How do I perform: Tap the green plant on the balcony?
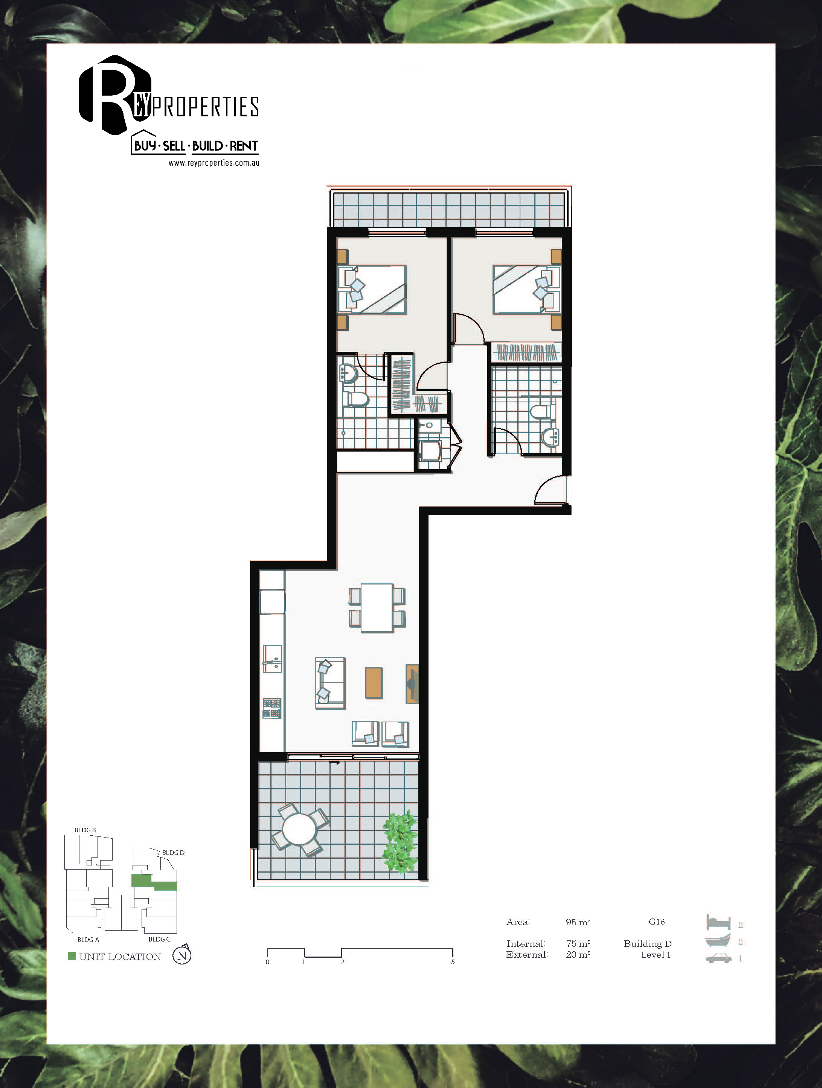pyautogui.click(x=400, y=842)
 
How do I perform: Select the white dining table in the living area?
pyautogui.click(x=377, y=607)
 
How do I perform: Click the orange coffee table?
pyautogui.click(x=374, y=683)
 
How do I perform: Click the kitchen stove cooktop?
pyautogui.click(x=271, y=708)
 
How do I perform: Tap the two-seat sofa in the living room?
pyautogui.click(x=330, y=683)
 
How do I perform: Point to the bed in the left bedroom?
pyautogui.click(x=372, y=290)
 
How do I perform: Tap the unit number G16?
pyautogui.click(x=657, y=922)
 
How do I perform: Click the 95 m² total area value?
pyautogui.click(x=578, y=922)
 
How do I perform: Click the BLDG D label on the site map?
pyautogui.click(x=173, y=852)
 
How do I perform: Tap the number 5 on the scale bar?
pyautogui.click(x=453, y=961)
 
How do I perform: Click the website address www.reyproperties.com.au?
pyautogui.click(x=214, y=163)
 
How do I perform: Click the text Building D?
pyautogui.click(x=647, y=943)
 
